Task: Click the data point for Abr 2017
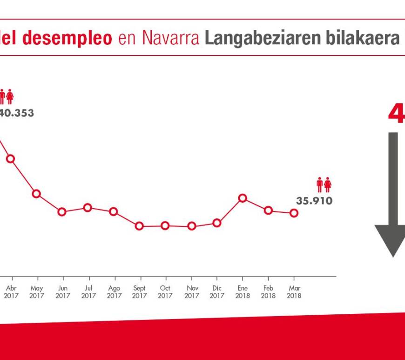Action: (10, 159)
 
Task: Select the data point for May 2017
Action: (36, 194)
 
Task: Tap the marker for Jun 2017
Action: (62, 212)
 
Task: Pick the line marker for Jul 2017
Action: (88, 207)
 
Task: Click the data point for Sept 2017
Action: (139, 226)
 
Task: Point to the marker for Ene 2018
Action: (243, 198)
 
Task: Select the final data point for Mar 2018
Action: (294, 213)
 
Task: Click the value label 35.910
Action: (314, 201)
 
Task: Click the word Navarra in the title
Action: (172, 38)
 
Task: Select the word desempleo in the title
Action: (67, 38)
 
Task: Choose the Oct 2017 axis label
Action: (165, 292)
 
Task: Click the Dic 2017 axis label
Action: (217, 292)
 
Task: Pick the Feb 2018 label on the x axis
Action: (268, 292)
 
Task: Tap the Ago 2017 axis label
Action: (114, 292)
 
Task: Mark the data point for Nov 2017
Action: (191, 226)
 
